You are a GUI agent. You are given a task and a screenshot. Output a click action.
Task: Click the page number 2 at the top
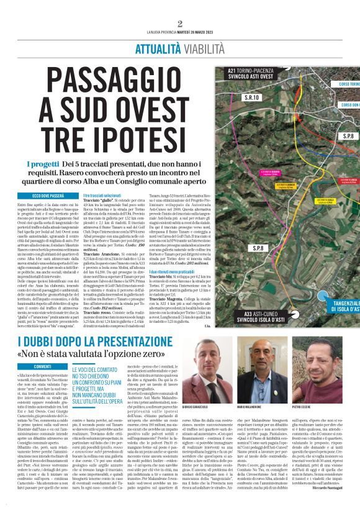(x=179, y=24)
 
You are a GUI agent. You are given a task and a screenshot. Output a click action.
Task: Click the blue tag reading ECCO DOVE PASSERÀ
(x=42, y=196)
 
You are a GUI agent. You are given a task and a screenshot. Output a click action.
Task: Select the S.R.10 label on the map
(x=251, y=97)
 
